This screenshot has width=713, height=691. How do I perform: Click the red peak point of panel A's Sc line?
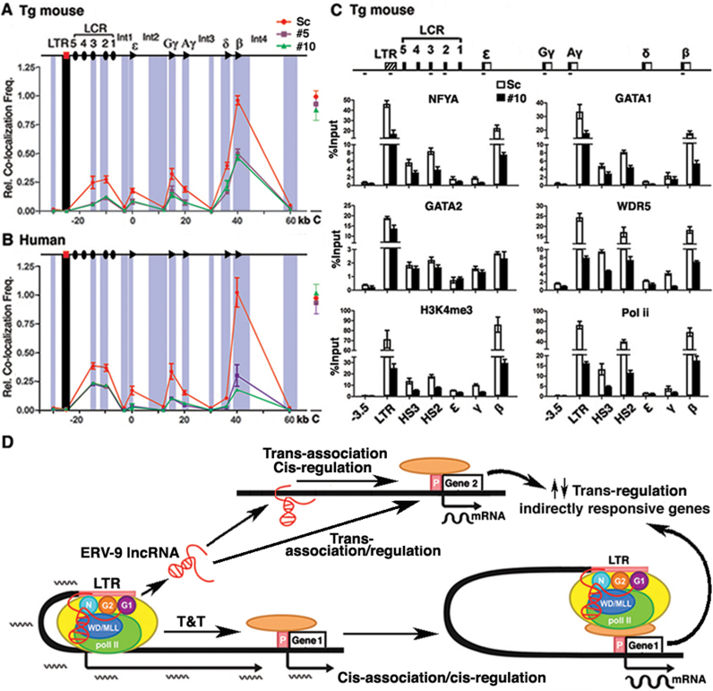point(237,99)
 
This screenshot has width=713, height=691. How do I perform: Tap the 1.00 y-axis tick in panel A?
point(34,96)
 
